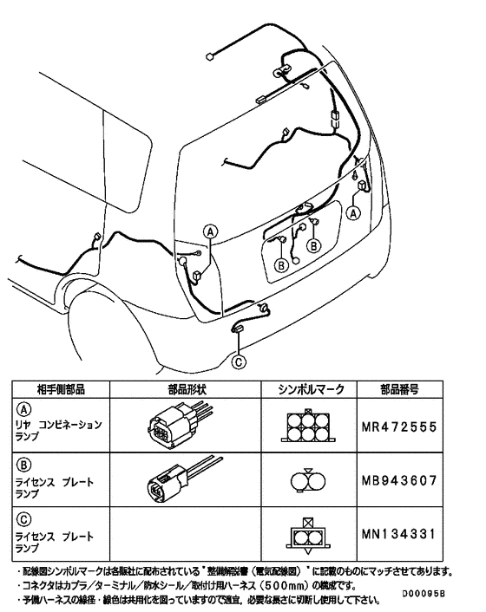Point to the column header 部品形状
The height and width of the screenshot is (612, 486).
(181, 390)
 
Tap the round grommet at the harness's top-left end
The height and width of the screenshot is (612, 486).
(210, 56)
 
